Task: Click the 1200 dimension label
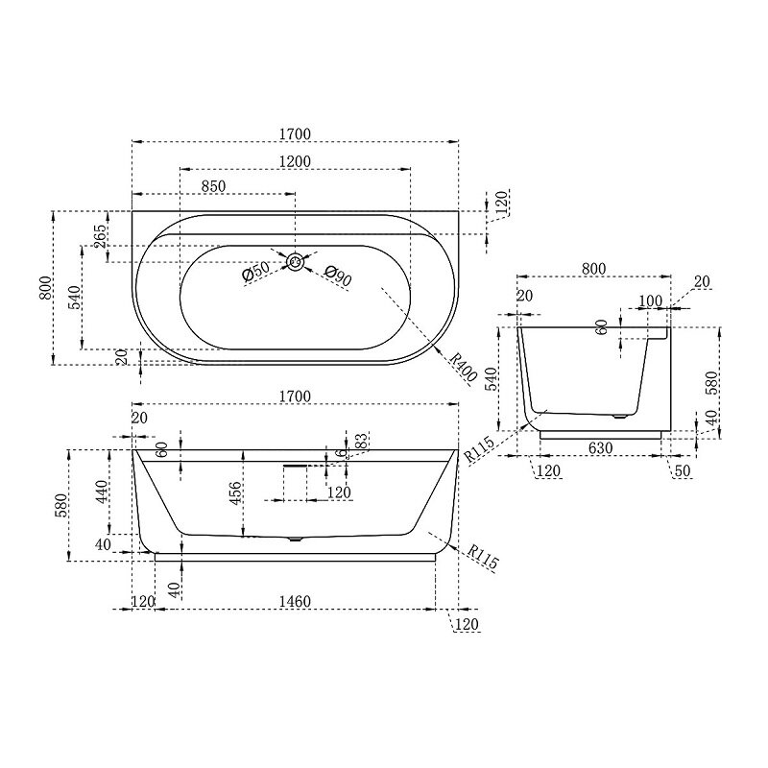pyautogui.click(x=296, y=161)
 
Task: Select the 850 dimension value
pyautogui.click(x=213, y=186)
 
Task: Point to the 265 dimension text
pyautogui.click(x=100, y=236)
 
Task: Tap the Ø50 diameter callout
pyautogui.click(x=255, y=272)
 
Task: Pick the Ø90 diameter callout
pyautogui.click(x=338, y=276)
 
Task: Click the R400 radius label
pyautogui.click(x=463, y=368)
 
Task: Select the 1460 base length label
pyautogui.click(x=295, y=601)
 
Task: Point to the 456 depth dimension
pyautogui.click(x=235, y=493)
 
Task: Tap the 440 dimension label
pyautogui.click(x=102, y=492)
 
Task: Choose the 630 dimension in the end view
pyautogui.click(x=600, y=447)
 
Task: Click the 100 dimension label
pyautogui.click(x=650, y=300)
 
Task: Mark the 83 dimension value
pyautogui.click(x=361, y=441)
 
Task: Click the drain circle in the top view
pyautogui.click(x=295, y=261)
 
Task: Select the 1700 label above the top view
pyautogui.click(x=296, y=133)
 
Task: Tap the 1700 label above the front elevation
pyautogui.click(x=295, y=396)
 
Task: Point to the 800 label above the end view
pyautogui.click(x=593, y=269)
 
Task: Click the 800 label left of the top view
pyautogui.click(x=45, y=288)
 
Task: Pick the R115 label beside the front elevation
pyautogui.click(x=483, y=557)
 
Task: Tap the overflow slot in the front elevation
pyautogui.click(x=295, y=467)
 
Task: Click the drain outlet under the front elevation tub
pyautogui.click(x=296, y=540)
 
